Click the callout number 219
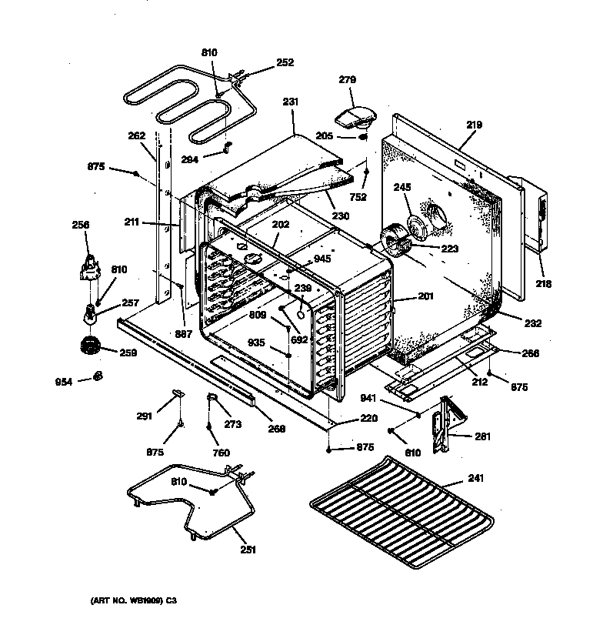(x=474, y=124)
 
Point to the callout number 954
(x=63, y=380)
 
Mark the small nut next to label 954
(x=98, y=376)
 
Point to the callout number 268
(x=278, y=429)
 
